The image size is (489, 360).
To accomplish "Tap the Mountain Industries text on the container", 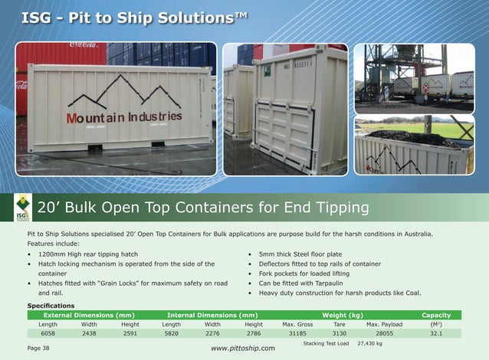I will click(123, 117).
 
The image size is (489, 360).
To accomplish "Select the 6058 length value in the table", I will click(48, 334).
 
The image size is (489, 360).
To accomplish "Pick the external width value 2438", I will click(89, 334).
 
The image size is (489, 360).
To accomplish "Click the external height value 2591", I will click(130, 334).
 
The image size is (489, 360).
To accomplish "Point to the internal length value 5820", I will click(171, 334).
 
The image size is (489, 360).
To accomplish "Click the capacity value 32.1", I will click(437, 334).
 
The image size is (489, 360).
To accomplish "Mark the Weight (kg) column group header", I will click(342, 315).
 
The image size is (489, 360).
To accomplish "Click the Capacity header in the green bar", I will click(436, 315).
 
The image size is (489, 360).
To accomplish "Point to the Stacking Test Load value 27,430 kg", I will click(369, 343).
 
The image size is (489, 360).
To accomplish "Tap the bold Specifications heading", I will click(51, 306).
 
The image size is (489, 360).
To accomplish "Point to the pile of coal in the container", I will click(414, 139).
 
